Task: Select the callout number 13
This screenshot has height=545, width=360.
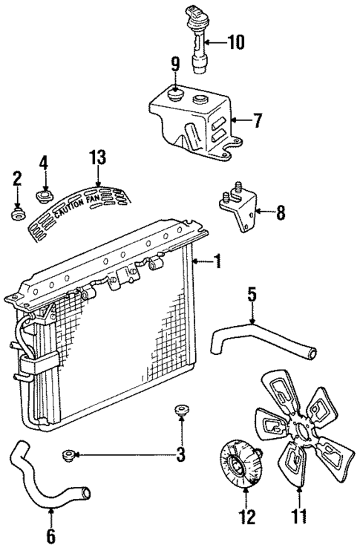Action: point(97,157)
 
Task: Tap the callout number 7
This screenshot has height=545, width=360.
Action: point(258,119)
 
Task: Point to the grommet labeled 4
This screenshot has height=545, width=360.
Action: point(44,197)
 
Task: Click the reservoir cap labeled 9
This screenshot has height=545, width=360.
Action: point(175,95)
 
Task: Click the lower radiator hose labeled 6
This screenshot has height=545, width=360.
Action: point(45,479)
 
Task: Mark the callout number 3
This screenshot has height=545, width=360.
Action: point(180,454)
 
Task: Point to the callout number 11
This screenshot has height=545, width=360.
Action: point(299,515)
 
